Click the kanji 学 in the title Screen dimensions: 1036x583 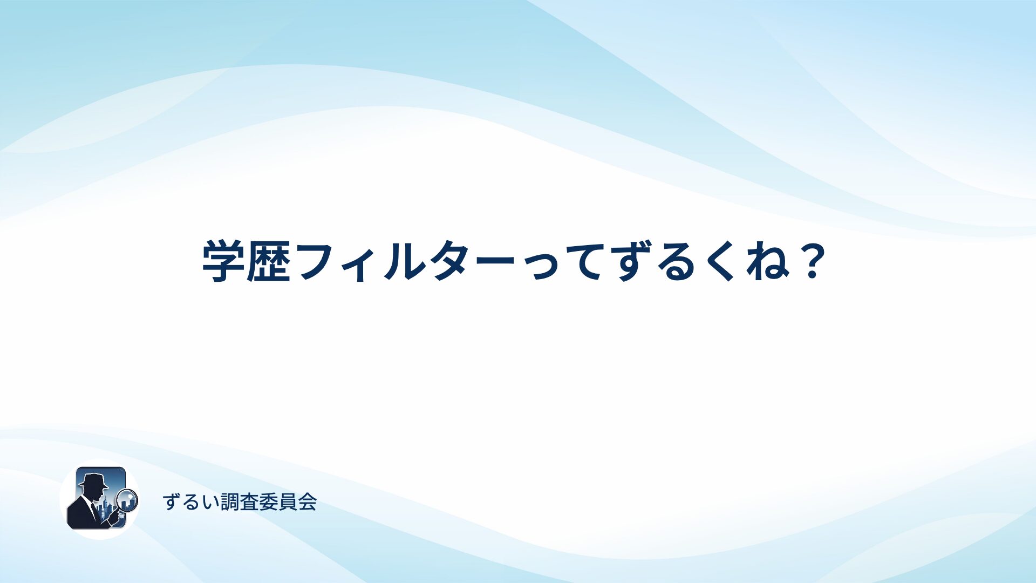tap(223, 262)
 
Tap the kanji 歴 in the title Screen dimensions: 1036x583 tap(269, 262)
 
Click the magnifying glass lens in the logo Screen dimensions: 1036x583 tap(127, 500)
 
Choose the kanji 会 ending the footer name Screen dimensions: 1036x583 tap(307, 502)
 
